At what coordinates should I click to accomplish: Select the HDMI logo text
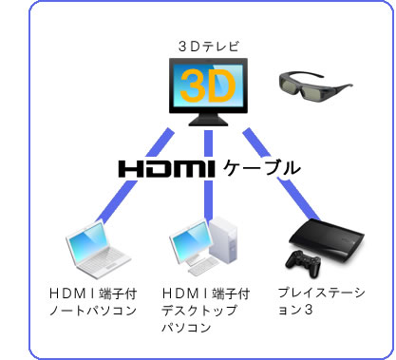(x=168, y=168)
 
